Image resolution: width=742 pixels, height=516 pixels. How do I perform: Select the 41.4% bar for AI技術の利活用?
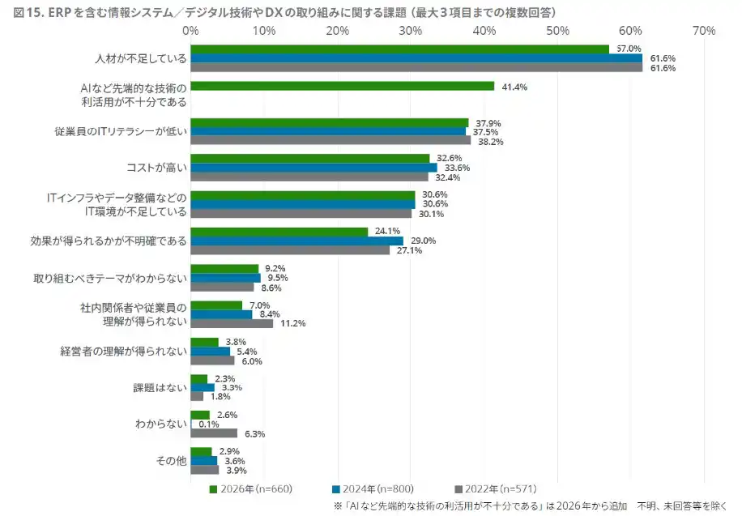[342, 86]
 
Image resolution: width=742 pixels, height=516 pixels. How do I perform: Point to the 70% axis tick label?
[704, 31]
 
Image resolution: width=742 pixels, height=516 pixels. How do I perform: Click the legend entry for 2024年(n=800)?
[373, 488]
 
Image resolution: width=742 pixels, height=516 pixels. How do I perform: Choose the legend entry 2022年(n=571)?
[495, 488]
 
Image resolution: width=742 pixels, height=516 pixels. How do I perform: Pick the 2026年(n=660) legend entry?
[250, 488]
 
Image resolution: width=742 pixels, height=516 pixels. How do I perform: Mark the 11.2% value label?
[292, 323]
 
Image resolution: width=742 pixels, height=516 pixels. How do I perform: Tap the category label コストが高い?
[156, 168]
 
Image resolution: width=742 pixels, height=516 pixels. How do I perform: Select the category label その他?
[171, 461]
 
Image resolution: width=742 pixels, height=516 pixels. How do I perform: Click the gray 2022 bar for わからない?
[214, 433]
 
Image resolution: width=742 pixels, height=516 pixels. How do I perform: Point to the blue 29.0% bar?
[296, 241]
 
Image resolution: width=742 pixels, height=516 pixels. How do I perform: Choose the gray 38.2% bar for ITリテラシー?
[330, 140]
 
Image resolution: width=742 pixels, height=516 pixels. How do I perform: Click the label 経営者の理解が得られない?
[123, 351]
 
